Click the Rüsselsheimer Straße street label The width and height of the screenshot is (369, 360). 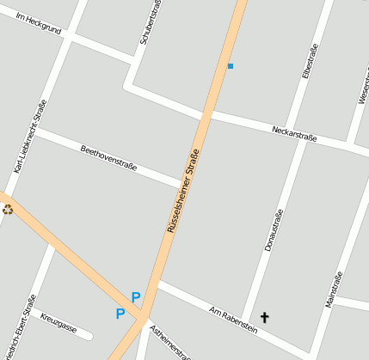point(183,191)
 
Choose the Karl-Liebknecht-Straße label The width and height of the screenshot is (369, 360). point(29,136)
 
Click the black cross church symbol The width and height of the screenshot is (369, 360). point(264,318)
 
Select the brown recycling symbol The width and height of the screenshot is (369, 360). point(8,208)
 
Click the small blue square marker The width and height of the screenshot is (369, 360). point(230,65)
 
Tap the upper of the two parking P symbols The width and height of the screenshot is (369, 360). point(136,297)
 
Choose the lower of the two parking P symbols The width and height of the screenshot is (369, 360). point(120,314)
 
